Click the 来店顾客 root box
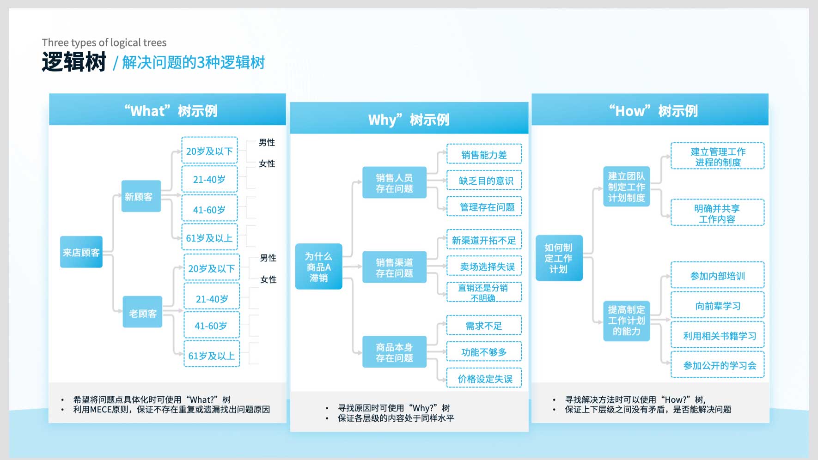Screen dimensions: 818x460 coord(81,252)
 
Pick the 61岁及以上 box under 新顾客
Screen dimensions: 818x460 coord(209,237)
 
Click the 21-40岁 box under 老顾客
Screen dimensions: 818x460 coord(212,298)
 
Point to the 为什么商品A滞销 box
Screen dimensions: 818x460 coord(318,266)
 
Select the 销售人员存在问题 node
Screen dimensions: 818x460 coord(394,183)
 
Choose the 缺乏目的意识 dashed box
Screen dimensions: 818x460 coord(484,181)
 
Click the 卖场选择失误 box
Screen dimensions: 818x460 coord(484,266)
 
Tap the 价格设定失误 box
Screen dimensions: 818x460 coord(484,378)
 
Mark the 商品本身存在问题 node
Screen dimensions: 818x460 coord(394,352)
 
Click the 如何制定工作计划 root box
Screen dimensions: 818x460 coord(559,258)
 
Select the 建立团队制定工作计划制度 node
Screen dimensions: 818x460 coord(626,187)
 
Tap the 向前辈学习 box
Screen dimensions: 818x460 coord(717,306)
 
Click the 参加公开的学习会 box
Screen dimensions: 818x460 coord(717,365)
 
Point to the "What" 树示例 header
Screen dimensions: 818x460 coord(171,111)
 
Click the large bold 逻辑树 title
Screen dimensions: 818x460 coord(74,62)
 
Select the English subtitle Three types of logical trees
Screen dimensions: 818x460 coord(104,42)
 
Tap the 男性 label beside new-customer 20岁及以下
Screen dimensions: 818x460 coord(267,143)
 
